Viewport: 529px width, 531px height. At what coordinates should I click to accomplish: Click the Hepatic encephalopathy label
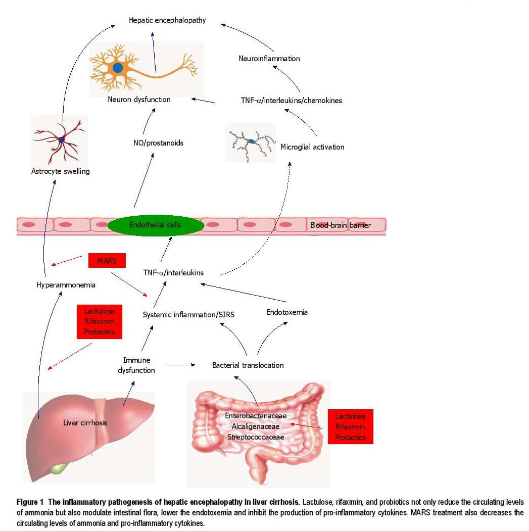click(x=167, y=21)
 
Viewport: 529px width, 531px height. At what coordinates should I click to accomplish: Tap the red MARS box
click(x=106, y=261)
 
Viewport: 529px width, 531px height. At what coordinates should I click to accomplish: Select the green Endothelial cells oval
click(x=155, y=224)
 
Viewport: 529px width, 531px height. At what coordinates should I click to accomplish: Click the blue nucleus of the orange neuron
click(x=118, y=67)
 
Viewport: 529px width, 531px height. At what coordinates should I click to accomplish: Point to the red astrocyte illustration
click(x=61, y=139)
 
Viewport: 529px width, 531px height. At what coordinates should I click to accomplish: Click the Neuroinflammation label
click(x=269, y=59)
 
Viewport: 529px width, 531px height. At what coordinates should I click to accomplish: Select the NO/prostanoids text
click(x=155, y=143)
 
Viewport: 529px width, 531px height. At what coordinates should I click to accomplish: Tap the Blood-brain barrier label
click(x=340, y=226)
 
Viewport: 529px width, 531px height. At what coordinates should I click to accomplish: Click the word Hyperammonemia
click(x=66, y=285)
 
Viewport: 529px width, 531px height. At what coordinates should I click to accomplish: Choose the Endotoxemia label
click(x=286, y=312)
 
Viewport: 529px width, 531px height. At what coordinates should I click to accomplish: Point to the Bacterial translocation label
click(x=248, y=365)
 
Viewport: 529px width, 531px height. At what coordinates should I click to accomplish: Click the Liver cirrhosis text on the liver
click(x=85, y=422)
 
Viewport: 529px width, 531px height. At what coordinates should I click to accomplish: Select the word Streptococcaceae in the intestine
click(x=255, y=437)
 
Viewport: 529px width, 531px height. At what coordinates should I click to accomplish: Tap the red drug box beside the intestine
click(x=350, y=426)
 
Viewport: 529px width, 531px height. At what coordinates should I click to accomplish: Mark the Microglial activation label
click(x=312, y=147)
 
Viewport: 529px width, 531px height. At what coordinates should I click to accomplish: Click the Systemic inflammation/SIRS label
click(x=188, y=314)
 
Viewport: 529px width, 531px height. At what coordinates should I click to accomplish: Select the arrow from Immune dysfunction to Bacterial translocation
click(x=179, y=364)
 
